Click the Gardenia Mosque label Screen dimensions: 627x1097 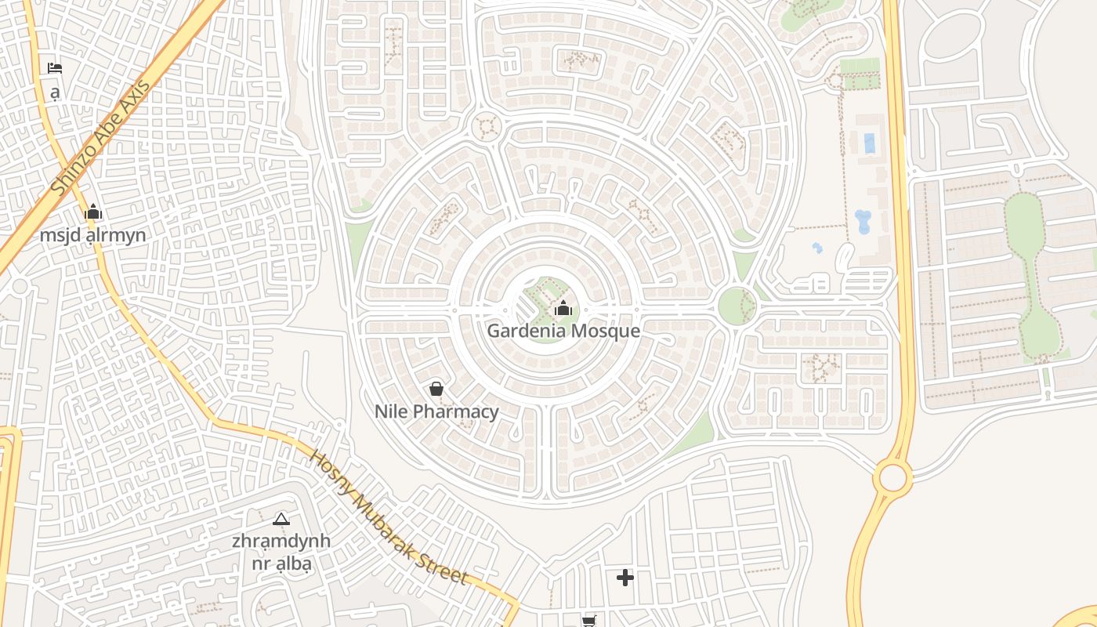[x=563, y=331]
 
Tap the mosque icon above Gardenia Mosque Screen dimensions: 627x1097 [x=563, y=309]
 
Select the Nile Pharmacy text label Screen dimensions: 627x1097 [x=436, y=411]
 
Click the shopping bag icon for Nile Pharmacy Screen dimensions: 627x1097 [x=436, y=388]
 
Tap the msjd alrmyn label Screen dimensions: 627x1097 [x=93, y=235]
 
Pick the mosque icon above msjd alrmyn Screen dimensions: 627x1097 [x=93, y=212]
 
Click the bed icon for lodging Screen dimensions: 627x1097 [x=55, y=68]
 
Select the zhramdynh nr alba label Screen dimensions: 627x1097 [x=281, y=552]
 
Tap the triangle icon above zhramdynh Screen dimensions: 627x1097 [x=281, y=519]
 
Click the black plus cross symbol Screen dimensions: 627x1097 [x=625, y=578]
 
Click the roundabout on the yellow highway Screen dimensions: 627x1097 [x=892, y=477]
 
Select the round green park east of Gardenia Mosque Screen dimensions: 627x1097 [x=737, y=306]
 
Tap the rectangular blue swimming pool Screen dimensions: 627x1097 [x=869, y=143]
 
